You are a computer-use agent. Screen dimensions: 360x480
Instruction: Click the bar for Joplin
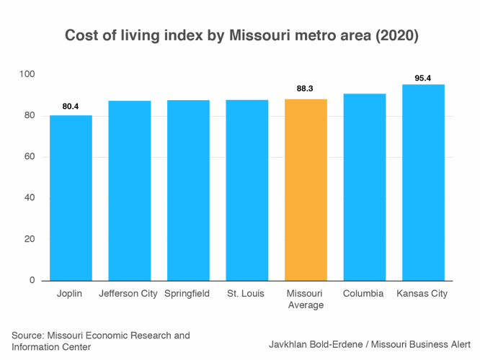point(71,198)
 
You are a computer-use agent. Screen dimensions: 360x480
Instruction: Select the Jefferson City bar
point(130,191)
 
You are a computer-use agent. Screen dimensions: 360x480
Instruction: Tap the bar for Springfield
point(188,190)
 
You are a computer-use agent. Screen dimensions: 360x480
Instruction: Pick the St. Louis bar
point(246,190)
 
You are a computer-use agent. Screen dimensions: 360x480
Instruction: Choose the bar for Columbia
point(364,187)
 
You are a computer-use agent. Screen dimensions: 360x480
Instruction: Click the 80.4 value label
point(71,107)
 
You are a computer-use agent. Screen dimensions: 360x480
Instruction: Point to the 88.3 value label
point(306,89)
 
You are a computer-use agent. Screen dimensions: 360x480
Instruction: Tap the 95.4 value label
point(423,78)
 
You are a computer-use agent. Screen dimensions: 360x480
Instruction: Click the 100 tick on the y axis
point(27,74)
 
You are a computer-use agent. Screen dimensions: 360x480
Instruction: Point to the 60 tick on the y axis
point(30,157)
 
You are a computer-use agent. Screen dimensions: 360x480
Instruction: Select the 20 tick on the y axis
point(30,239)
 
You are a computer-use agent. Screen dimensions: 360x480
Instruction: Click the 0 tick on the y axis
point(32,280)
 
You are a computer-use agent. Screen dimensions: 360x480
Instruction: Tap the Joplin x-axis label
point(71,294)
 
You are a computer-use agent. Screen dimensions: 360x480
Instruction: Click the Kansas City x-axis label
point(423,294)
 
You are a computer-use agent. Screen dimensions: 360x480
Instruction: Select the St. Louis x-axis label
point(246,294)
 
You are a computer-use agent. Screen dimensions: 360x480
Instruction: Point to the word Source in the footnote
point(27,336)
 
